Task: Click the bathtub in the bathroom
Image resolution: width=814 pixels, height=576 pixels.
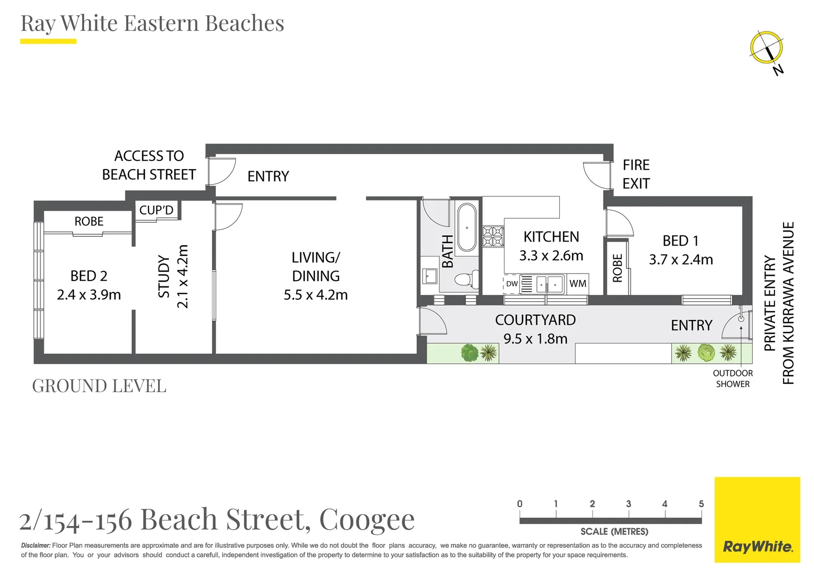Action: (467, 227)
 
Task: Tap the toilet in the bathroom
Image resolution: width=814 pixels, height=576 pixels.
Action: (464, 279)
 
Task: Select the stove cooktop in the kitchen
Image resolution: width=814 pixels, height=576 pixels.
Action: (493, 236)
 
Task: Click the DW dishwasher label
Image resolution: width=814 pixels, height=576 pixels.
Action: (511, 284)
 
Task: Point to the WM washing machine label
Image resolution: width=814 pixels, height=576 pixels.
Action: (577, 284)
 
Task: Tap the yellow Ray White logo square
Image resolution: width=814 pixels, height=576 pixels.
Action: (757, 519)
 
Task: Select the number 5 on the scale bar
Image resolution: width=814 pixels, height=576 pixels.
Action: (701, 504)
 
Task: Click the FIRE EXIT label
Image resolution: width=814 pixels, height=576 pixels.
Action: (636, 174)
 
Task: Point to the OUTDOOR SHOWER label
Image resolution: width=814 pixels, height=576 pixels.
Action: (732, 379)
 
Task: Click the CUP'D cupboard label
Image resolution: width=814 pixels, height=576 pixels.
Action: (156, 210)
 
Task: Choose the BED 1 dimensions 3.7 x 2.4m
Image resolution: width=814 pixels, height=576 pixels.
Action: (680, 260)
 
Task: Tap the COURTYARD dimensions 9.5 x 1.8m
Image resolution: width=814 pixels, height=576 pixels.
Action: (535, 339)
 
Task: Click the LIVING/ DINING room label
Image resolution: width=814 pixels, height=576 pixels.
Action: (315, 267)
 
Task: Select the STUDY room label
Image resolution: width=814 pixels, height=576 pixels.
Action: (164, 276)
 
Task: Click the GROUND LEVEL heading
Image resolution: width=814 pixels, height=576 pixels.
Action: (99, 386)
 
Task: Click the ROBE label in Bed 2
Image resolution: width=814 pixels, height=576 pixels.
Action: (89, 221)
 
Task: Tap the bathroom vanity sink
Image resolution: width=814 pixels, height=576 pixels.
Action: (430, 276)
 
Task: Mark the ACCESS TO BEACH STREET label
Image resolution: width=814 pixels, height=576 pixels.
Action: (149, 165)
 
